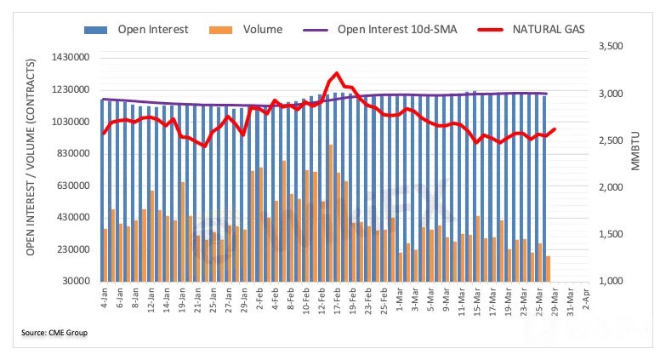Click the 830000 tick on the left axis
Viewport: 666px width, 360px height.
(71, 154)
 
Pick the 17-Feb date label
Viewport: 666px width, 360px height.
(339, 304)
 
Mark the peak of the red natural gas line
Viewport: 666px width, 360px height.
(337, 74)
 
